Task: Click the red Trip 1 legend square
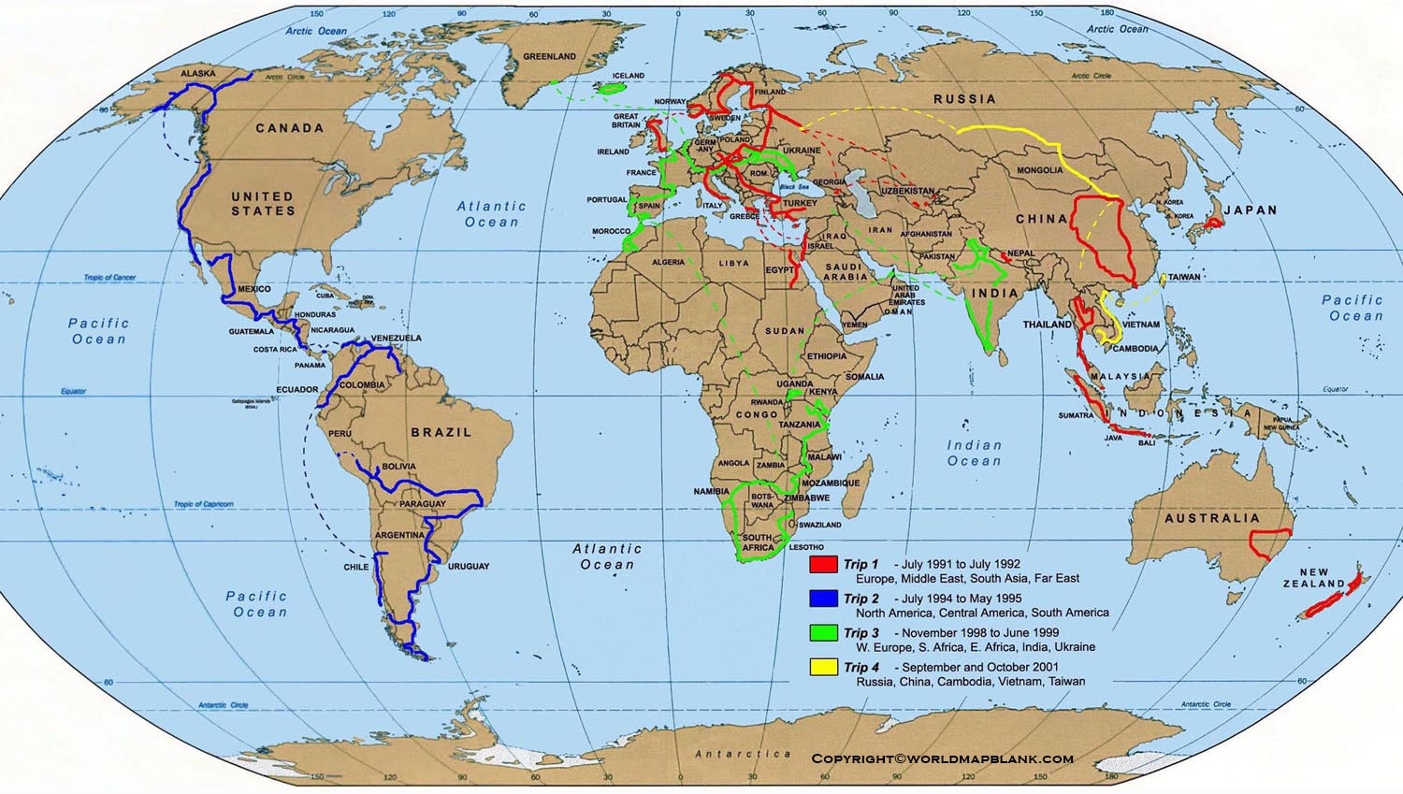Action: click(x=823, y=565)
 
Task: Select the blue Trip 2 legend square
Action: click(x=823, y=599)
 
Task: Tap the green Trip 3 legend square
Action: click(x=823, y=633)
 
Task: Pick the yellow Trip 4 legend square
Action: click(x=823, y=668)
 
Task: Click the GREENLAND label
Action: click(x=549, y=57)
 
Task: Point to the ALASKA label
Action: click(x=197, y=74)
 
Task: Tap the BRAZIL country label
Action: click(x=441, y=432)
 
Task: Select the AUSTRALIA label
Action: click(x=1212, y=518)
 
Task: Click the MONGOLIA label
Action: click(x=1039, y=170)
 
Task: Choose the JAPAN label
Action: click(x=1251, y=210)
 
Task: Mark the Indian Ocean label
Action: click(x=974, y=454)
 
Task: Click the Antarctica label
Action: click(x=743, y=754)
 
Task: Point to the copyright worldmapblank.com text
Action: click(x=942, y=759)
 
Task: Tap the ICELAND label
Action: click(x=629, y=76)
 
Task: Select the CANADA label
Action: click(x=290, y=128)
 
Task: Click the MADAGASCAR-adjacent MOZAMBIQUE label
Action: click(x=831, y=484)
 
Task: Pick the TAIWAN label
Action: click(x=1184, y=278)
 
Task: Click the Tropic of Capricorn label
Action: click(x=204, y=504)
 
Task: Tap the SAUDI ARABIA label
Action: click(x=845, y=272)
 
